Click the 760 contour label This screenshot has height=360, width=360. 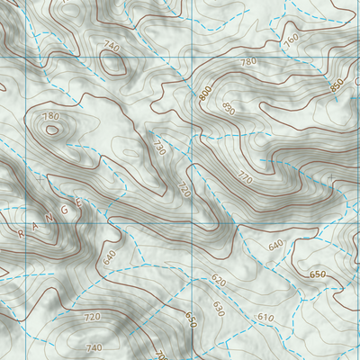pyautogui.click(x=290, y=40)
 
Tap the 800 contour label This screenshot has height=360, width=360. pyautogui.click(x=206, y=93)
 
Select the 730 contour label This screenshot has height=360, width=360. pyautogui.click(x=159, y=146)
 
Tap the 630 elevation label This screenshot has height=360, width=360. pyautogui.click(x=217, y=309)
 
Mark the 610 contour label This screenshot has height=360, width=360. pyautogui.click(x=265, y=318)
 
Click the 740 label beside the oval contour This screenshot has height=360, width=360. pyautogui.click(x=111, y=46)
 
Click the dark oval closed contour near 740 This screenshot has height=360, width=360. pyautogui.click(x=113, y=62)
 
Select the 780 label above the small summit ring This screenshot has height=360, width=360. pyautogui.click(x=50, y=117)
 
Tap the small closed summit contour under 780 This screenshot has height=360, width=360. pyautogui.click(x=51, y=130)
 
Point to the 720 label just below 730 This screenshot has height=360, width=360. pyautogui.click(x=184, y=190)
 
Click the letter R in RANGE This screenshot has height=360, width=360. pyautogui.click(x=19, y=233)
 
